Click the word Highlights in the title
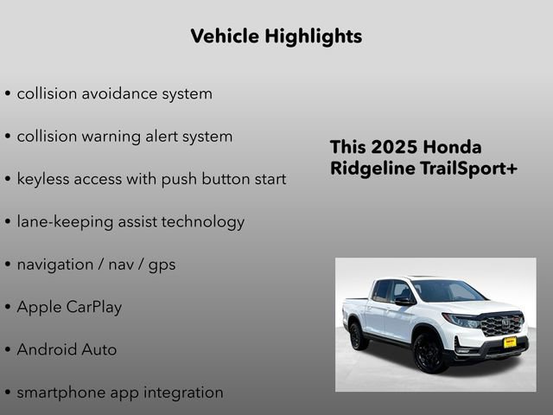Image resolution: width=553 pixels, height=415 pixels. pos(315,36)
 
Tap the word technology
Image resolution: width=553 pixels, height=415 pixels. pos(200,221)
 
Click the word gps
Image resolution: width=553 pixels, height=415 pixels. pos(162,265)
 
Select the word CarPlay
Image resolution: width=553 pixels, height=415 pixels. pos(94,307)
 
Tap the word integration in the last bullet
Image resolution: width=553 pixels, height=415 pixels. pos(179,393)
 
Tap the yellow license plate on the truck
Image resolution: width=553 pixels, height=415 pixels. pos(510,342)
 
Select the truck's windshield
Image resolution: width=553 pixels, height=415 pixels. pos(448,291)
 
